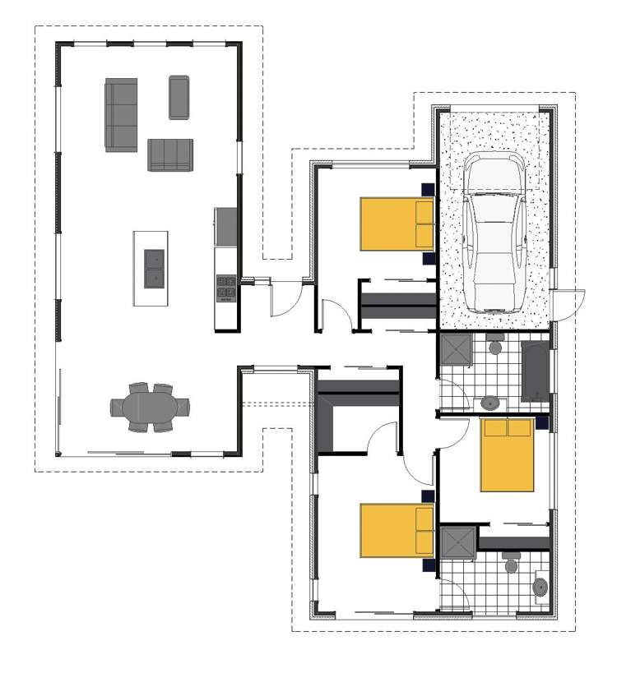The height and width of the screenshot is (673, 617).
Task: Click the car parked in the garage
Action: click(494, 234)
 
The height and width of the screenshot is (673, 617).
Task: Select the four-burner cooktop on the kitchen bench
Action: click(226, 288)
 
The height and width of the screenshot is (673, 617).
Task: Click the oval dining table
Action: click(151, 407)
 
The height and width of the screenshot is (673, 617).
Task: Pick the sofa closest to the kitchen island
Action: click(170, 154)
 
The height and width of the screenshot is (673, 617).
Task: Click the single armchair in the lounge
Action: click(179, 97)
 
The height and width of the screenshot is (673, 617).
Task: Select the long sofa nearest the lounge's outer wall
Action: click(121, 115)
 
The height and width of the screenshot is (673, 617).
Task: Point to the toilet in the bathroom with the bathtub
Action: click(495, 346)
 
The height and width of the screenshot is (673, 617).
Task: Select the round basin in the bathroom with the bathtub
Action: click(491, 403)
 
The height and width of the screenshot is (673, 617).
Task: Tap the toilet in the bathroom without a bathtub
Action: click(510, 565)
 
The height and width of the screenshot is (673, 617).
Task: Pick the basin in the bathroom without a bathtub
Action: click(540, 587)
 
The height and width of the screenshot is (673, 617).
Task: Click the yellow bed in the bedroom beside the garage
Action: click(397, 224)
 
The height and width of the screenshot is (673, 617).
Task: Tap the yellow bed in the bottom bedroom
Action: click(397, 530)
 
